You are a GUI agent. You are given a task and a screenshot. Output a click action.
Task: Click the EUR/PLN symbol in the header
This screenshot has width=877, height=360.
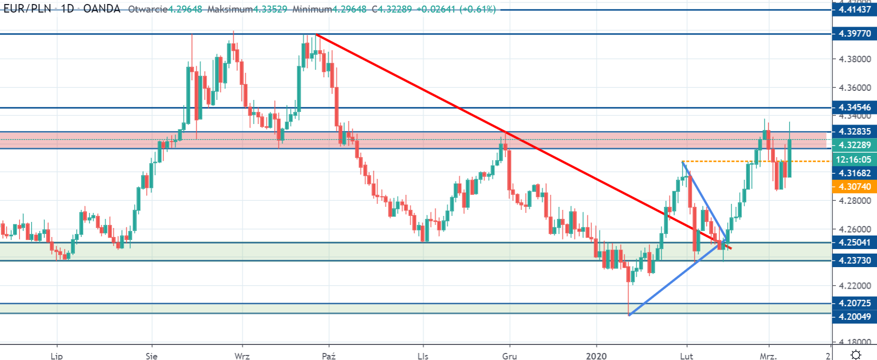28,9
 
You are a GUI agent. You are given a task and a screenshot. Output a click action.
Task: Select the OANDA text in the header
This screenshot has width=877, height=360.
102,9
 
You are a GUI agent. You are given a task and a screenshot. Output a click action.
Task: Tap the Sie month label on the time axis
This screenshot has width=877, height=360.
152,356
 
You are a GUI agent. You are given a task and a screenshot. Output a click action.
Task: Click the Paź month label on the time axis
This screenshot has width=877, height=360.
329,356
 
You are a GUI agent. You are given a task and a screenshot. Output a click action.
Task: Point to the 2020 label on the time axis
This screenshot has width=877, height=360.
596,356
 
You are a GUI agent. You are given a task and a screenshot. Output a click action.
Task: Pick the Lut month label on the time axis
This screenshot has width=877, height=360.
686,356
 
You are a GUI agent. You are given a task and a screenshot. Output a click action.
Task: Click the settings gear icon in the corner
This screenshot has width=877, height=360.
856,355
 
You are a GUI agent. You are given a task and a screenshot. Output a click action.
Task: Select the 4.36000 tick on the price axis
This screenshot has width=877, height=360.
855,88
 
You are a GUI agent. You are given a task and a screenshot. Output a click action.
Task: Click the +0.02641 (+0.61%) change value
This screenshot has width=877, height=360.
456,10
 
